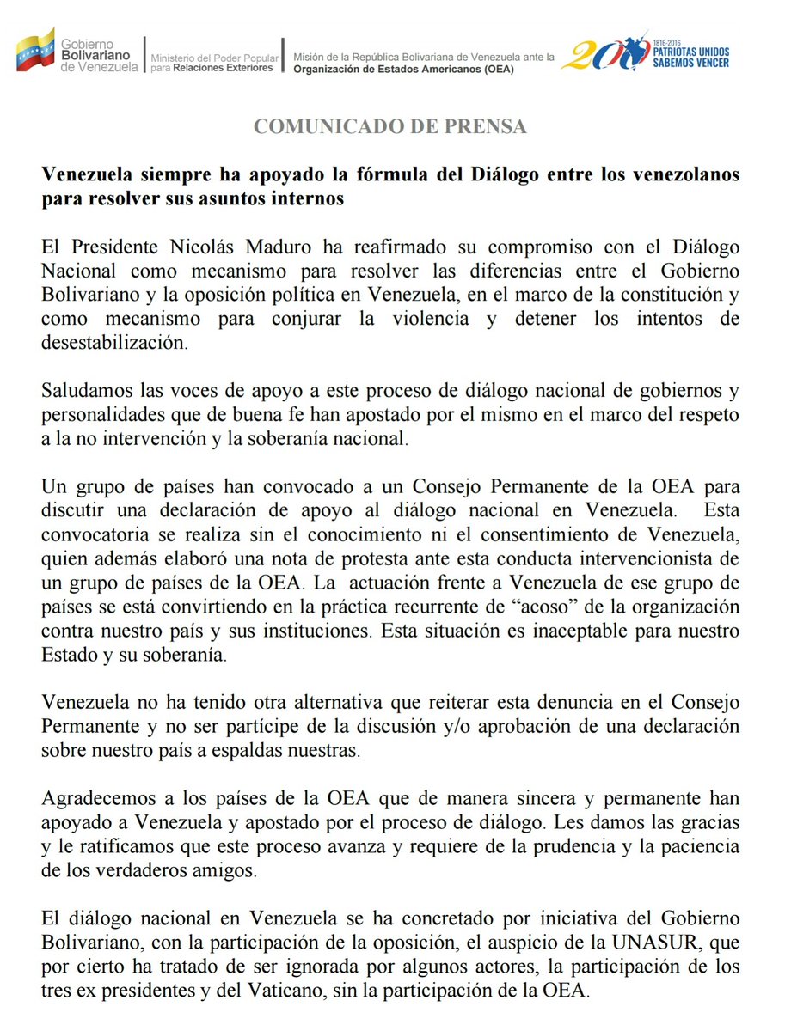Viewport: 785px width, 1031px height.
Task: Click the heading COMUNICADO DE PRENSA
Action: [389, 127]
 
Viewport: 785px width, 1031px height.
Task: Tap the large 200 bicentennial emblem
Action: [610, 53]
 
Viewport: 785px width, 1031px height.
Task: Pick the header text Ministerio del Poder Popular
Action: [215, 58]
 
